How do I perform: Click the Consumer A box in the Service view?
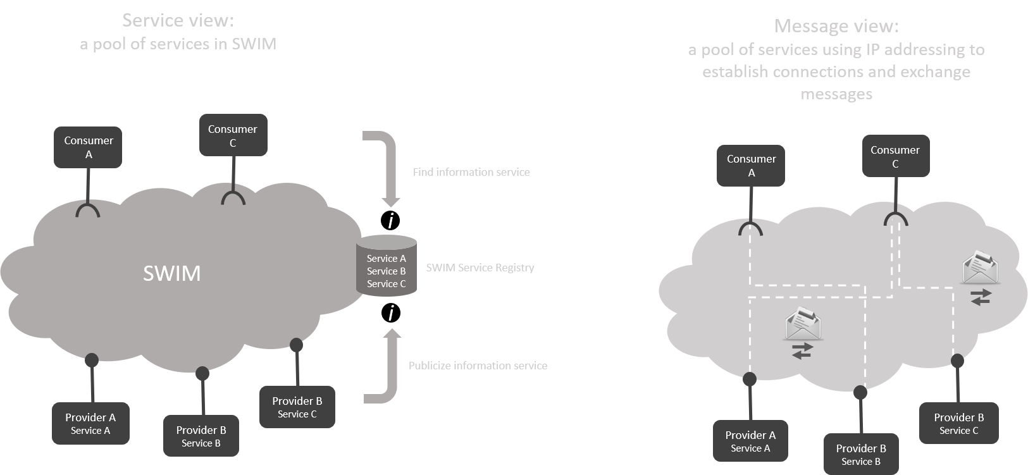point(88,147)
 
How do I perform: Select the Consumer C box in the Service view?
point(233,135)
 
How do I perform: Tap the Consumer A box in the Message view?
point(751,166)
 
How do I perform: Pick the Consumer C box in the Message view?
point(895,156)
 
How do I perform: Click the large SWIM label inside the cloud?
point(171,273)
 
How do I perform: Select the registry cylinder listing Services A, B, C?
point(387,266)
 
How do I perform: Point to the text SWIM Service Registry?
point(480,268)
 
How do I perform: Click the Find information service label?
point(471,172)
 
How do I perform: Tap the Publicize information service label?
point(478,366)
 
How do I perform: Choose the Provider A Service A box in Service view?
point(90,424)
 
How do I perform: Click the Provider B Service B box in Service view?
point(201,436)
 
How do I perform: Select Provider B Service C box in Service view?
point(297,407)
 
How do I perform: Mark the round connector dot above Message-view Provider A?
point(750,379)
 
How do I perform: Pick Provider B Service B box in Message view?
point(861,454)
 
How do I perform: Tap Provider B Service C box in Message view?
point(959,423)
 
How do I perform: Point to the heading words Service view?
point(178,21)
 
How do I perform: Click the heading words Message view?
point(836,26)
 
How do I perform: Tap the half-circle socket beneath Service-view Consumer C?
point(233,198)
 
